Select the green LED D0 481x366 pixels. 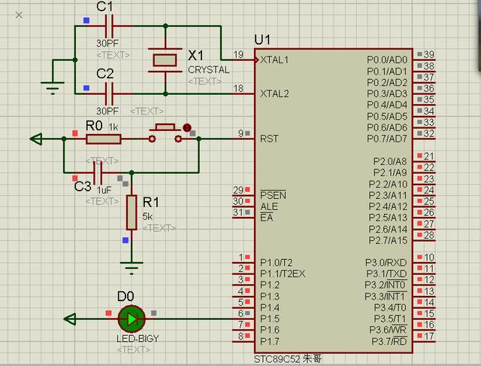click(x=132, y=319)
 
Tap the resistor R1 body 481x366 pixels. click(x=132, y=212)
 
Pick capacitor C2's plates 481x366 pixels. click(x=110, y=93)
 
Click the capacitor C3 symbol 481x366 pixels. click(x=97, y=172)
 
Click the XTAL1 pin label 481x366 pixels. click(x=274, y=59)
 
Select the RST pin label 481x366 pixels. click(x=269, y=139)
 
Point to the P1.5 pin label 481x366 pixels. click(x=270, y=319)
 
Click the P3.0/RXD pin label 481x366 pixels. click(x=386, y=262)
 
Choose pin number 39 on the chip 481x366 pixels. click(x=429, y=54)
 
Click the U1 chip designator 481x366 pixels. click(x=263, y=38)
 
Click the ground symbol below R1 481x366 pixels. click(x=132, y=266)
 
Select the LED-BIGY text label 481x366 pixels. click(x=135, y=338)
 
